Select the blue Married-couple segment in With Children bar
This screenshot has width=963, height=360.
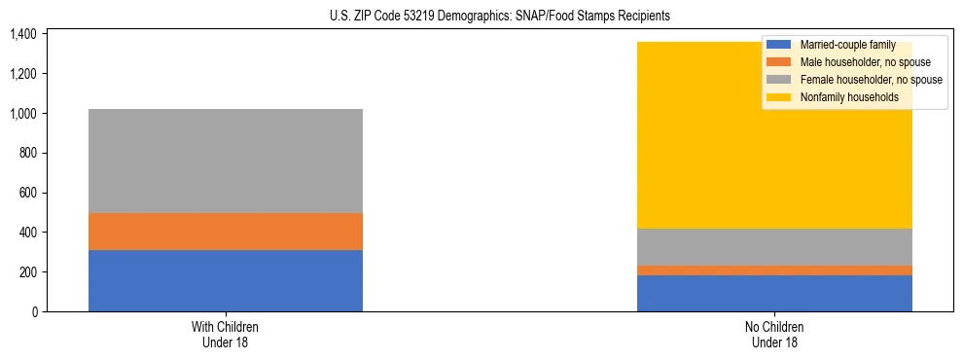click(226, 280)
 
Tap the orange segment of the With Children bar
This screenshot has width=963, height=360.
click(226, 232)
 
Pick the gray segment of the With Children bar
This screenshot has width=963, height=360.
click(226, 161)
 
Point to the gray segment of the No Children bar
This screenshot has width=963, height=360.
click(774, 247)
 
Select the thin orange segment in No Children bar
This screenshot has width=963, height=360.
click(774, 270)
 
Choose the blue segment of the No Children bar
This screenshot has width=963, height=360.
click(774, 293)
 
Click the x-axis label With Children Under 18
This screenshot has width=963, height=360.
click(226, 335)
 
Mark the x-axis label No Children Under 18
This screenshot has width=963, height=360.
click(774, 335)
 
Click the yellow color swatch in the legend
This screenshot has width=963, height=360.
click(780, 97)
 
